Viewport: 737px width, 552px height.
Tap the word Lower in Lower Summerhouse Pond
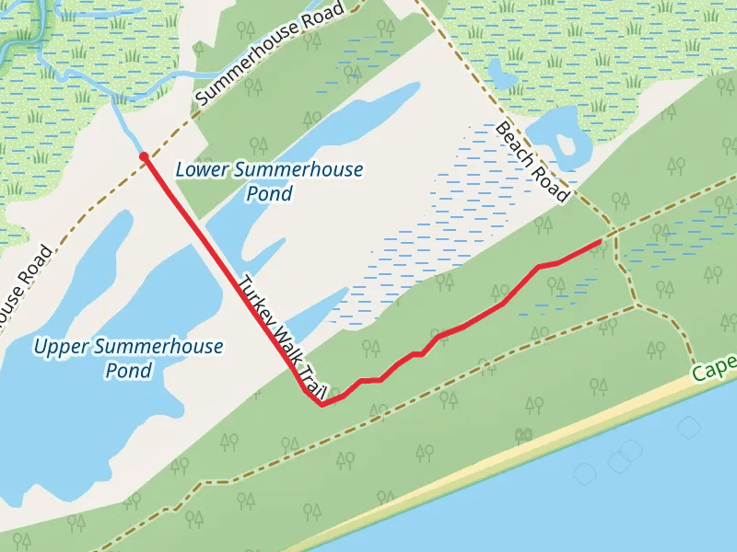pyautogui.click(x=202, y=170)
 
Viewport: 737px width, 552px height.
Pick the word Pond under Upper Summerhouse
pyautogui.click(x=128, y=371)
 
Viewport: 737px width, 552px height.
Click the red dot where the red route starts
pyautogui.click(x=144, y=157)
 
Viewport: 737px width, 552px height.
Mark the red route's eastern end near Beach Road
pyautogui.click(x=602, y=240)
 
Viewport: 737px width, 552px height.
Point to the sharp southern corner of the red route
pyautogui.click(x=321, y=405)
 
